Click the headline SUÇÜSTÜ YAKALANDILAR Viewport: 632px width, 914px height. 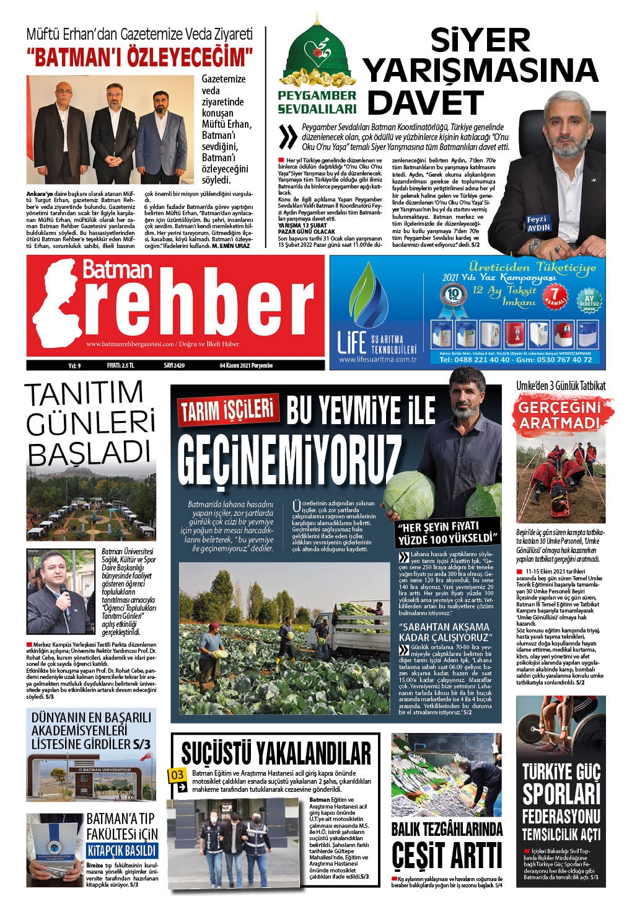[276, 753]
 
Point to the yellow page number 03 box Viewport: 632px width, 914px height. [177, 775]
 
